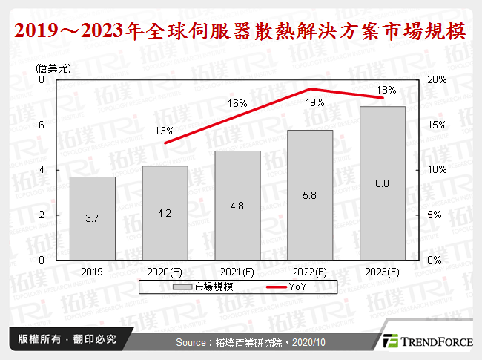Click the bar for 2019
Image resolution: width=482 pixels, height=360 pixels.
(93, 218)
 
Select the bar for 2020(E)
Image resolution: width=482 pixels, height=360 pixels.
(165, 213)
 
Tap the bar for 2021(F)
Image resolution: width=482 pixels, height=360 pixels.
(237, 206)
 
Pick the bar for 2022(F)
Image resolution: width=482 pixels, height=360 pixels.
(310, 194)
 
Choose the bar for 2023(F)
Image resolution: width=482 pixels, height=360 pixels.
(383, 183)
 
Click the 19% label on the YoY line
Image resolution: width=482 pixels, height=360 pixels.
(314, 103)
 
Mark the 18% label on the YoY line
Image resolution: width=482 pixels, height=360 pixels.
(386, 90)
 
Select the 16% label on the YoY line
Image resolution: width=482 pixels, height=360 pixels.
(237, 104)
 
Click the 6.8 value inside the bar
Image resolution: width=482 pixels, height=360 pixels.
(383, 203)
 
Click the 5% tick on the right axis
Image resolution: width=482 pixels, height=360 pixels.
(437, 215)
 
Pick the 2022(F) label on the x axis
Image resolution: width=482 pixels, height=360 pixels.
(310, 272)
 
